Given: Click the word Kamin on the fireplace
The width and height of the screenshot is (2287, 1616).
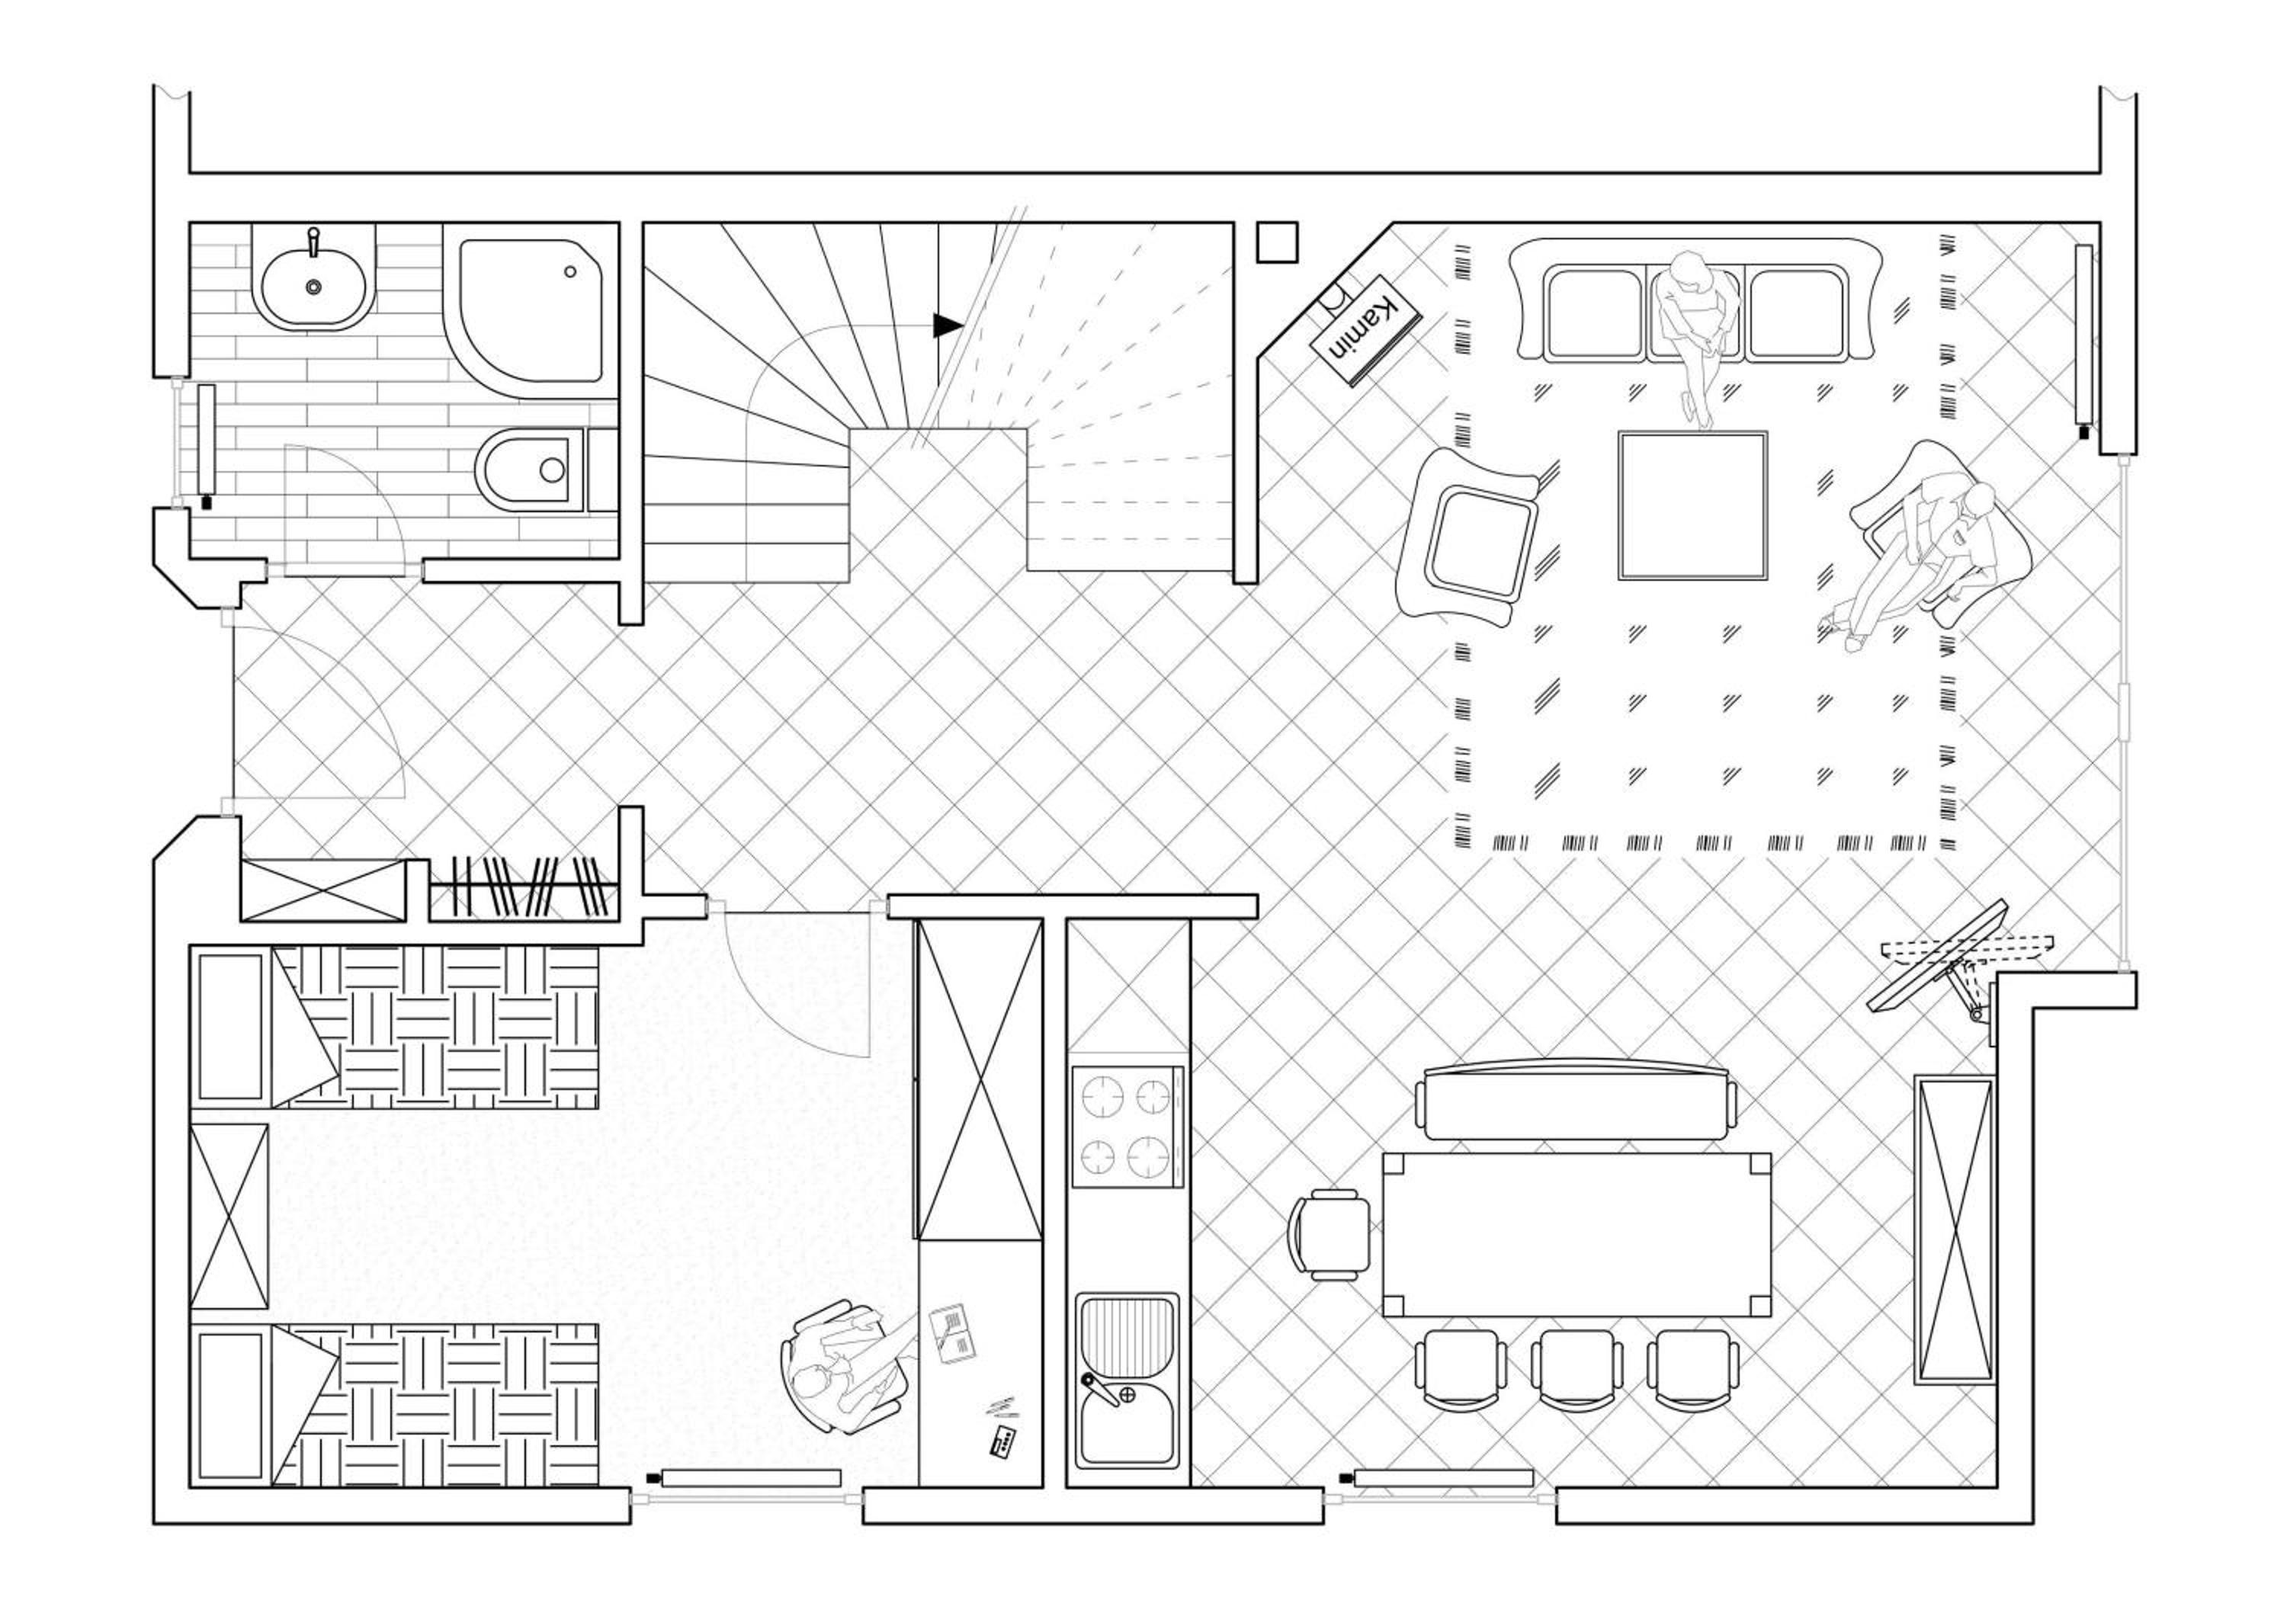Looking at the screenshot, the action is coord(1365,329).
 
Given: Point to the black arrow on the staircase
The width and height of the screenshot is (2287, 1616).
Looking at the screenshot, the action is coord(948,325).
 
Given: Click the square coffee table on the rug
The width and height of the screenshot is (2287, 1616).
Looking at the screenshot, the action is coord(1692,506).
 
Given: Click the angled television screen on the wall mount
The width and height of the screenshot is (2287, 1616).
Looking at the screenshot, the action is coord(1937,957).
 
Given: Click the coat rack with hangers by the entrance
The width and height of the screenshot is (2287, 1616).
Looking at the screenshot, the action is coord(526,887).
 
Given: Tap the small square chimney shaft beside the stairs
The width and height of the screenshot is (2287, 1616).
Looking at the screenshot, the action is coord(1277,242).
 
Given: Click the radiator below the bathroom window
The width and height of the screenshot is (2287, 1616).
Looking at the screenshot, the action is coord(206,445).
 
